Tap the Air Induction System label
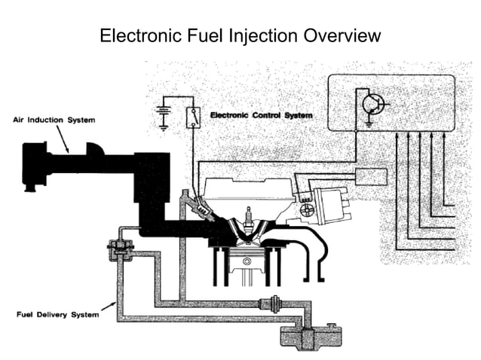[48, 120]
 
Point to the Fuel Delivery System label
[58, 314]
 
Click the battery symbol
[161, 114]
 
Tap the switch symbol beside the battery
[194, 116]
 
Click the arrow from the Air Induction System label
[65, 139]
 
